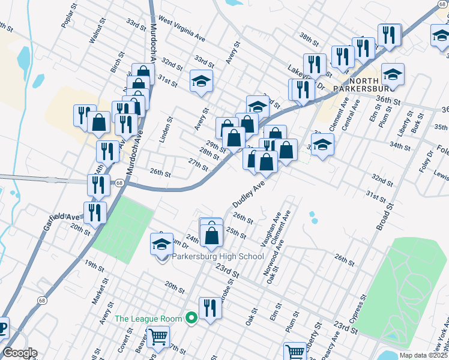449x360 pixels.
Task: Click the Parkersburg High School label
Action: (218, 257)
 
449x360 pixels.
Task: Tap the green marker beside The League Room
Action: (192, 318)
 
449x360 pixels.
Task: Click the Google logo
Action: (20, 353)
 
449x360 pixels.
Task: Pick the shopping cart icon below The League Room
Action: (158, 337)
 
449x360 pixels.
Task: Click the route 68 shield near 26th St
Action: (120, 182)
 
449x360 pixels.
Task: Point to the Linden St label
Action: (166, 130)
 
